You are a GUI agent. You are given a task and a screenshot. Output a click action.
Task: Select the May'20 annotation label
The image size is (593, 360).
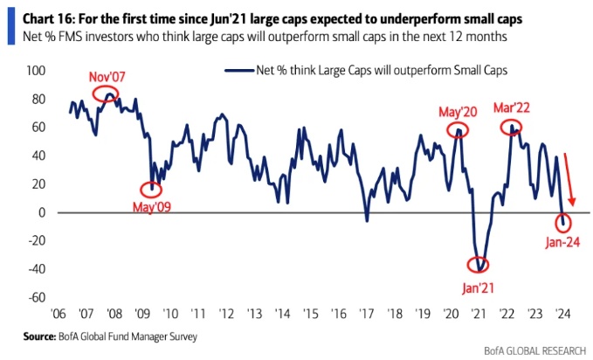pos(460,113)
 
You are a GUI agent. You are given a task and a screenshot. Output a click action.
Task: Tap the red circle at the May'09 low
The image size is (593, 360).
pos(151,190)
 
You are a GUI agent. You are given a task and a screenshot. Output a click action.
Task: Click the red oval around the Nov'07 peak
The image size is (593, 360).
pos(107,94)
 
